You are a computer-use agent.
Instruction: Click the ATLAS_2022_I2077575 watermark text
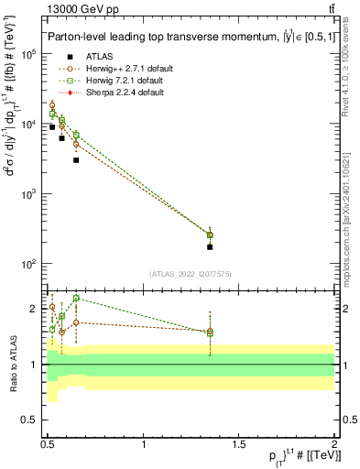pyautogui.click(x=191, y=273)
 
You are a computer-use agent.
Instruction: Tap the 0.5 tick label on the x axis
pyautogui.click(x=49, y=443)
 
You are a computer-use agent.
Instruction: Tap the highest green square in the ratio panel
pyautogui.click(x=76, y=298)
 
